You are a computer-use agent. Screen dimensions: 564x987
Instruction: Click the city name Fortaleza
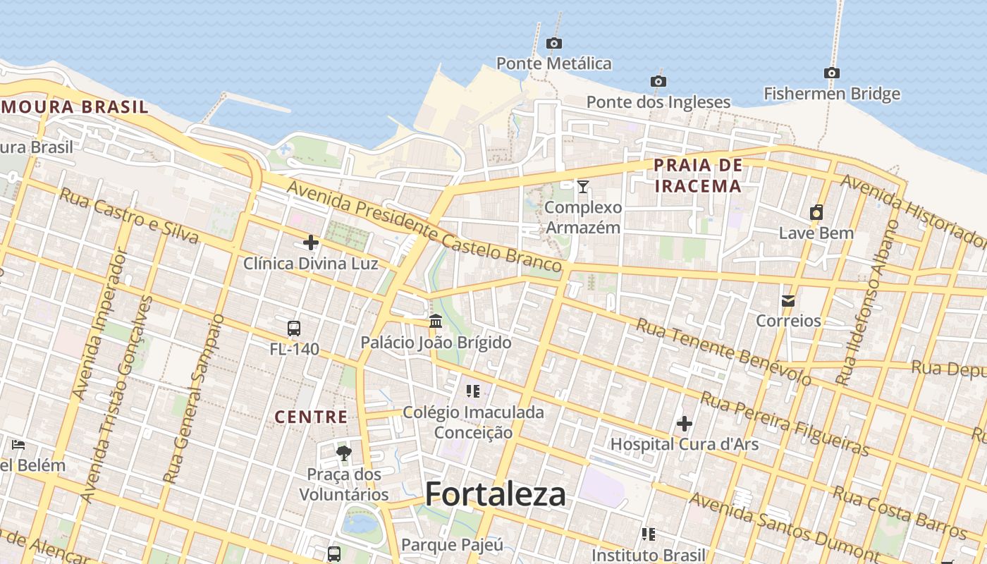[x=495, y=494]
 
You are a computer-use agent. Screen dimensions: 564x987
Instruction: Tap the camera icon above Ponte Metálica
[x=554, y=44]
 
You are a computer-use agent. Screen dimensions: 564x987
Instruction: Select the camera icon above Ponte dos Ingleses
[x=658, y=82]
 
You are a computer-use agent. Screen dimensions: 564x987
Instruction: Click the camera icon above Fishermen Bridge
[x=832, y=73]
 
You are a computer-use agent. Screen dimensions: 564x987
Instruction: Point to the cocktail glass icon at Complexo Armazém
[x=583, y=187]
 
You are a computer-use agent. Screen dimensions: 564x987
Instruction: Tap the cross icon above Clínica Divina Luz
[x=310, y=243]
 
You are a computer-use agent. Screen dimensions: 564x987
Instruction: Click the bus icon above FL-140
[x=294, y=329]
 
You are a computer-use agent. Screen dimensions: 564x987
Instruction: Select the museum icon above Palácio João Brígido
[x=436, y=321]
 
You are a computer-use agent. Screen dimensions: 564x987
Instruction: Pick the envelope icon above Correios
[x=788, y=301]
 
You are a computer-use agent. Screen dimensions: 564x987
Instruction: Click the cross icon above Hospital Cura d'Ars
[x=684, y=424]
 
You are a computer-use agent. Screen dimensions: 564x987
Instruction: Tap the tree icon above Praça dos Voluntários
[x=344, y=453]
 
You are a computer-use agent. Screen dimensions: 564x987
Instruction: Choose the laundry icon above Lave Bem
[x=816, y=212]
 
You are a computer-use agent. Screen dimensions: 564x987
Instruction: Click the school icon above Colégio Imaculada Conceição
[x=472, y=391]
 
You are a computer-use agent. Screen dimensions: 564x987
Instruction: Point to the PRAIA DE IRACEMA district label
[x=698, y=176]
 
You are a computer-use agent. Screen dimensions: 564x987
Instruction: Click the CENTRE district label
[x=311, y=417]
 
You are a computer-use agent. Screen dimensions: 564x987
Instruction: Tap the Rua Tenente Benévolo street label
[x=723, y=351]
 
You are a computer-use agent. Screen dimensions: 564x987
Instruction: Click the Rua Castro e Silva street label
[x=128, y=215]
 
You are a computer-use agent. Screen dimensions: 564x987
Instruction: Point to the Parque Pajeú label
[x=453, y=544]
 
